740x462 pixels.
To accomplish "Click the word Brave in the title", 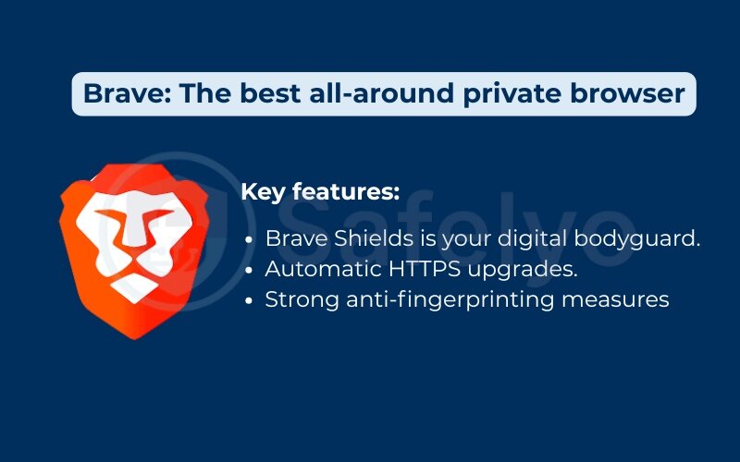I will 117,93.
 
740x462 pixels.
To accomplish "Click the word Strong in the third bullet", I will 297,299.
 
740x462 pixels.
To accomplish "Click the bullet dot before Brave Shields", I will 250,239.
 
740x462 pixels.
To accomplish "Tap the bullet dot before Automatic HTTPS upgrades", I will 250,270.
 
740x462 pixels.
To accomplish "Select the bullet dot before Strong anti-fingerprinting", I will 250,300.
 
